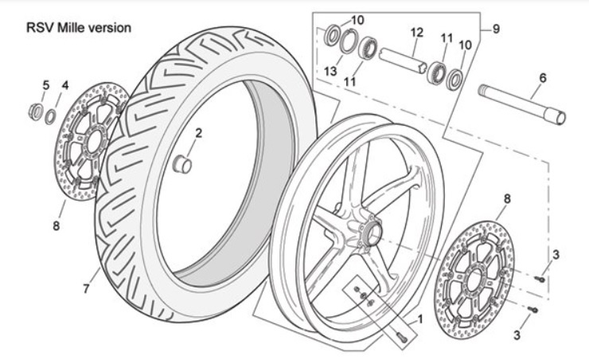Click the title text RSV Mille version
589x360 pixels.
(x=78, y=28)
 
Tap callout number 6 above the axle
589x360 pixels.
(x=543, y=78)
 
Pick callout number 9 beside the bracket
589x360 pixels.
(x=496, y=29)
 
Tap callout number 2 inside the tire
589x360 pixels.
(x=199, y=133)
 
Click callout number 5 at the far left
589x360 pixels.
(x=45, y=84)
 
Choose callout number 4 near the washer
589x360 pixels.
(x=65, y=84)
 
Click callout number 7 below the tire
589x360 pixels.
(x=86, y=290)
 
